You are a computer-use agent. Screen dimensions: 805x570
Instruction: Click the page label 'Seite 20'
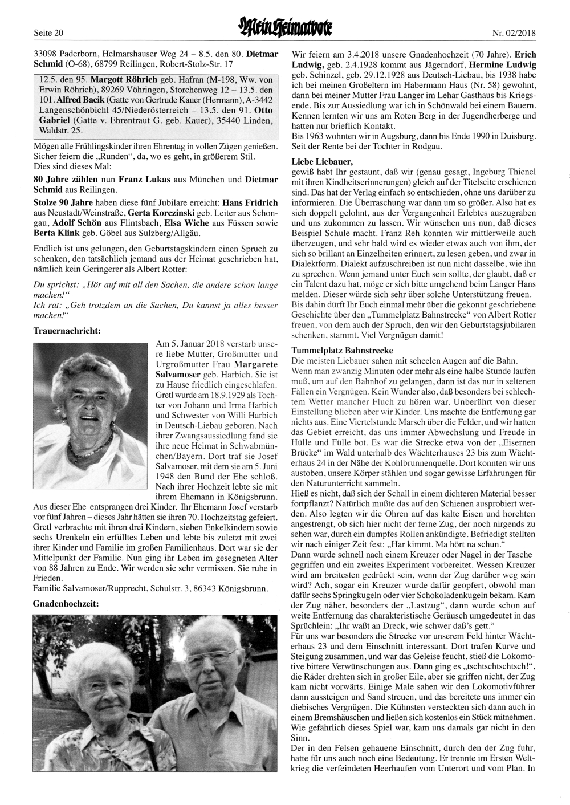pos(48,33)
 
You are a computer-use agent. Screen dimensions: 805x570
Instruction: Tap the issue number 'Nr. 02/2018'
pos(514,33)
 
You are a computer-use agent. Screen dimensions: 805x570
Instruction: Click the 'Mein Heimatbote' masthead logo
pos(284,28)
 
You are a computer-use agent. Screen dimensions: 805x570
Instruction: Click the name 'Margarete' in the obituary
pos(251,364)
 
